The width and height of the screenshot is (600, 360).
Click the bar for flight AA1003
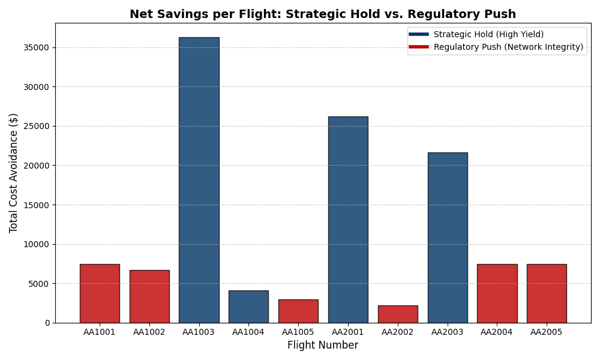(199, 180)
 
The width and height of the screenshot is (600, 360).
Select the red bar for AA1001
(100, 293)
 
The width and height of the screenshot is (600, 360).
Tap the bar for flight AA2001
(348, 220)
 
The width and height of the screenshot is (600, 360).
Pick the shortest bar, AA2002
(398, 314)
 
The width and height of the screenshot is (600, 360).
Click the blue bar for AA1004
(248, 307)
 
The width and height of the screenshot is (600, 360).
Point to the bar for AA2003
(448, 238)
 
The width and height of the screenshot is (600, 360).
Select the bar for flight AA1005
(298, 311)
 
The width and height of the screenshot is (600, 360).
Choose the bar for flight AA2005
(547, 293)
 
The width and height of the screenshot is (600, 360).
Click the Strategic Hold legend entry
(488, 35)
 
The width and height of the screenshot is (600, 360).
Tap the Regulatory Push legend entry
(508, 47)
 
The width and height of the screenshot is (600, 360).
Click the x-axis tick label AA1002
(149, 332)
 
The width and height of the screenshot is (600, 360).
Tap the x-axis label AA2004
(497, 332)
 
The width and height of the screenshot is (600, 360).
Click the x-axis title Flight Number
(323, 346)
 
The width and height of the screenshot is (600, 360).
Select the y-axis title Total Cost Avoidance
(14, 173)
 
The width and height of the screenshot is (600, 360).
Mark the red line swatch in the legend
(419, 47)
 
